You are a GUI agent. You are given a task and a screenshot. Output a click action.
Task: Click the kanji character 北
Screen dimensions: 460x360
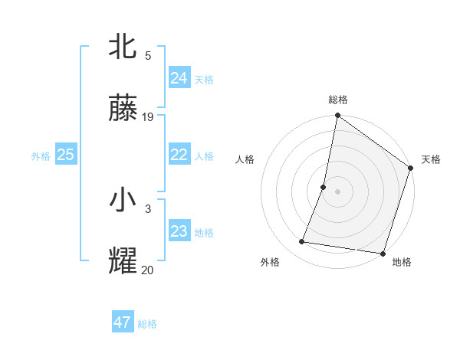[x=123, y=46]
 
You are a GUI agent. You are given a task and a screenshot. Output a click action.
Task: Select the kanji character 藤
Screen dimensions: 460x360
[x=123, y=110]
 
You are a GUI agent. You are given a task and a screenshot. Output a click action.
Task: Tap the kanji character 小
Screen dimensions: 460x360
[x=123, y=201]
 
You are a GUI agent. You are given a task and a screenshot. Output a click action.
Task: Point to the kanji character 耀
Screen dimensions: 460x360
[x=123, y=261]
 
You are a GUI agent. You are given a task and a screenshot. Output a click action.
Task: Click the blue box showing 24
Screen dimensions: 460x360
[x=179, y=77]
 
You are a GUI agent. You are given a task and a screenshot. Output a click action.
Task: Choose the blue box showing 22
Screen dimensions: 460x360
[x=179, y=155]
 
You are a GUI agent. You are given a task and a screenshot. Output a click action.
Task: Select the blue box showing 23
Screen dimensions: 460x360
[x=179, y=231]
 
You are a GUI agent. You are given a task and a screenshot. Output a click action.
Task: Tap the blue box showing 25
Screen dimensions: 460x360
[x=65, y=155]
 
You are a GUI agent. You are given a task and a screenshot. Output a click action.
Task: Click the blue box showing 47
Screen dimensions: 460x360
[x=122, y=322]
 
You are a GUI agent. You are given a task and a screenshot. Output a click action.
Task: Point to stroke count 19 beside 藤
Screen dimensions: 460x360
[x=148, y=117]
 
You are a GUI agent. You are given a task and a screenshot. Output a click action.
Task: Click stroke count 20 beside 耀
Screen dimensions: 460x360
[x=147, y=270]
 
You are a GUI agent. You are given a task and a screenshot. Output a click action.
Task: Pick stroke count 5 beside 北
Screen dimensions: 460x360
[x=148, y=55]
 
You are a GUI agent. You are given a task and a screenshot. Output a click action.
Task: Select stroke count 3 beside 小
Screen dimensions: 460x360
[x=148, y=208]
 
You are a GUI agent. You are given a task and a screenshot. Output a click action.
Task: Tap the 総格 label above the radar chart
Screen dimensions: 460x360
[x=338, y=100]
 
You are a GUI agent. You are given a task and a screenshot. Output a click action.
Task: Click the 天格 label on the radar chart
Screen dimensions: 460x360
[x=431, y=159]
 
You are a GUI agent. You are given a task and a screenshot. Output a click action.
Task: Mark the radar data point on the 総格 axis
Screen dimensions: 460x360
[x=337, y=116]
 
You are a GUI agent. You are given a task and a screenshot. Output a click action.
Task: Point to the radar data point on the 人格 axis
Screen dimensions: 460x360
[x=324, y=187]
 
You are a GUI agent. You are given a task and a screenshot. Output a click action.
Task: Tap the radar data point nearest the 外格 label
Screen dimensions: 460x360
[x=302, y=242]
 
